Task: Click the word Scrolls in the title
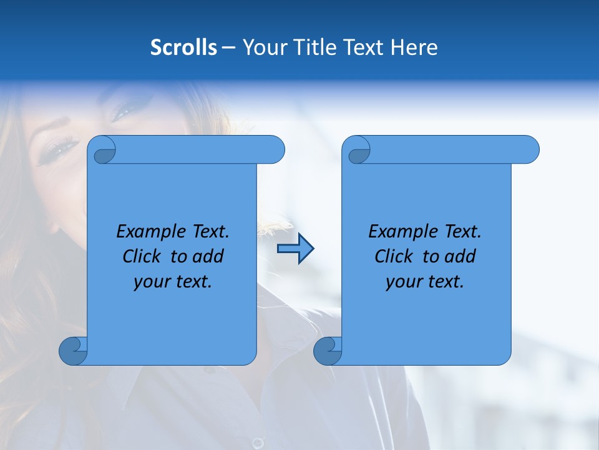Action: click(x=184, y=47)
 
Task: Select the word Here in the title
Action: click(x=414, y=47)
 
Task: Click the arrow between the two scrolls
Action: click(x=295, y=249)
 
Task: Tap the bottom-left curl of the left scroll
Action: click(x=73, y=351)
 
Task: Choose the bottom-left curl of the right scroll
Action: click(x=328, y=351)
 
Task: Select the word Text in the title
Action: click(x=364, y=47)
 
